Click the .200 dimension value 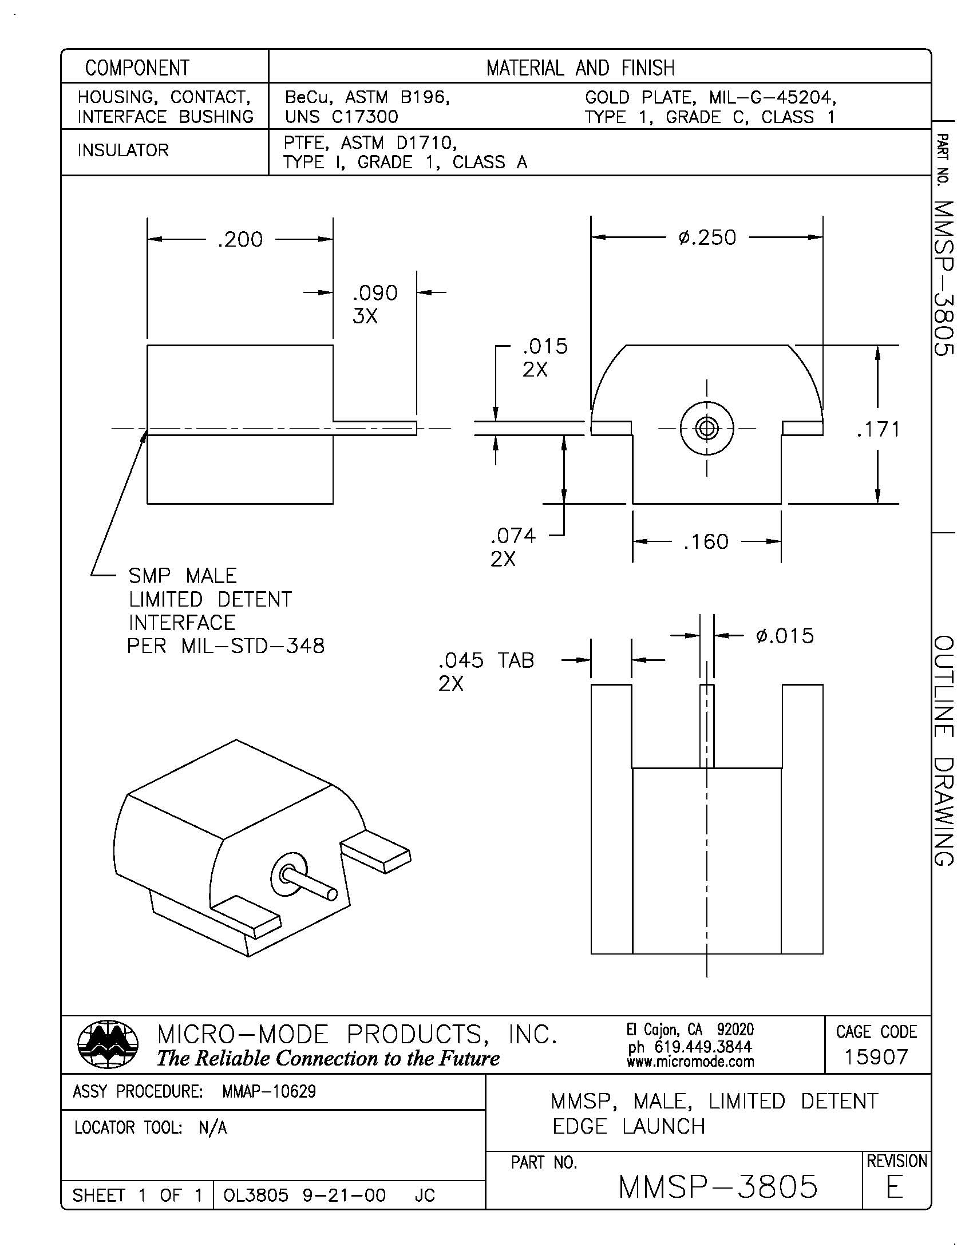point(240,239)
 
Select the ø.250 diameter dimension point(707,237)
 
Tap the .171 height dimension point(878,429)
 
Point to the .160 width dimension point(706,542)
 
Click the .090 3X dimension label point(374,304)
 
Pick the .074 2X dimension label point(512,547)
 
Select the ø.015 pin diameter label point(784,636)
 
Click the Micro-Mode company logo point(108,1044)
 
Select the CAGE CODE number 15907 point(876,1056)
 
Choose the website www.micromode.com point(690,1061)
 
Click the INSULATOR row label point(123,151)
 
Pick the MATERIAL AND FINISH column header point(580,68)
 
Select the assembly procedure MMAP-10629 point(268,1091)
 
